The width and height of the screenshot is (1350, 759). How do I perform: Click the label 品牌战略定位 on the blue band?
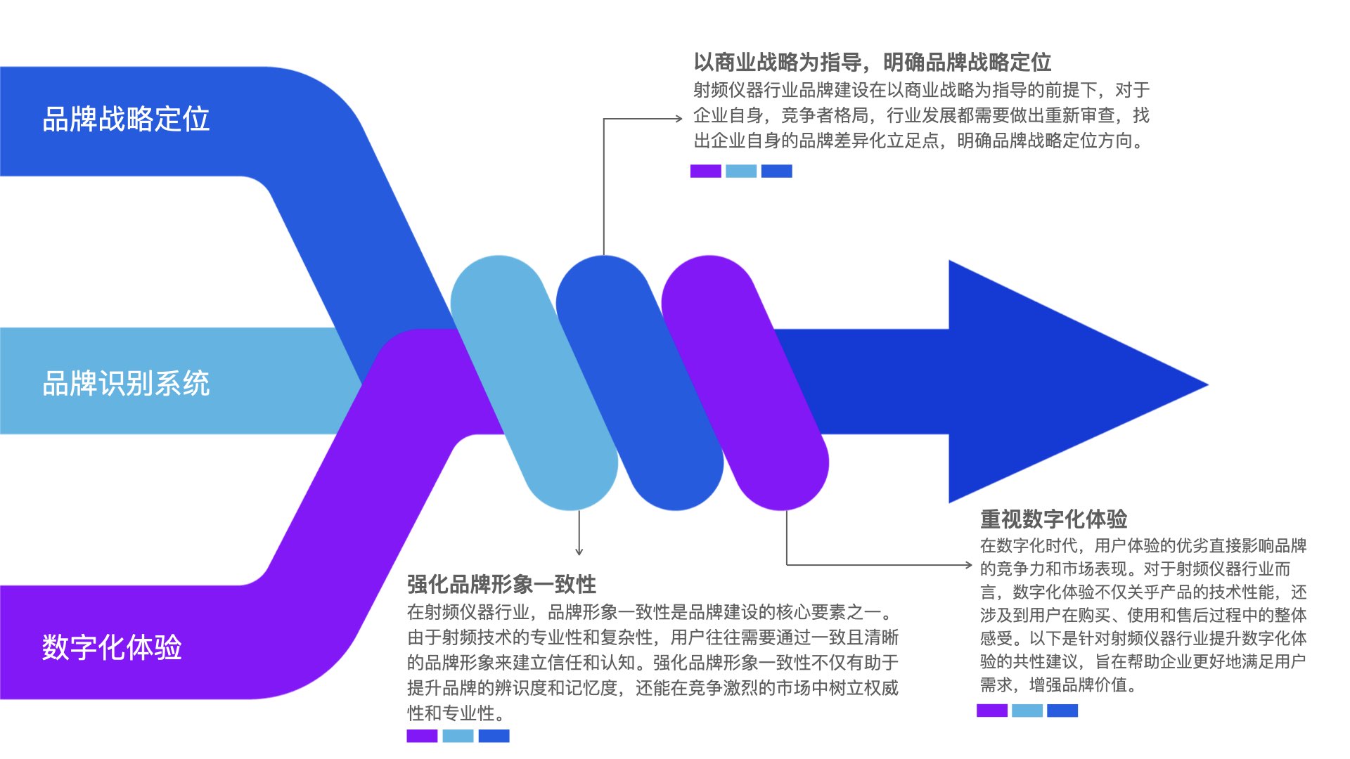(126, 119)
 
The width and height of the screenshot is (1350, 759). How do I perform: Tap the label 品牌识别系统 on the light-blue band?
(126, 384)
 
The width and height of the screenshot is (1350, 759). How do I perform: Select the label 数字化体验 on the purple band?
(112, 647)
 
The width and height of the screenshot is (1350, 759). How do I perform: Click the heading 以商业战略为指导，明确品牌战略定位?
(872, 63)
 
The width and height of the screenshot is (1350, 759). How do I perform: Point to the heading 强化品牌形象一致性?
(501, 584)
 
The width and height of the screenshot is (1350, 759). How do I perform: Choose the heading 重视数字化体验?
(1053, 519)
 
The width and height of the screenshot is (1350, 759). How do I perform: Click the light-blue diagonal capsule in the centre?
(534, 383)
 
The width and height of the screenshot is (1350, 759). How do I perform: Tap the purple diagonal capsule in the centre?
(745, 383)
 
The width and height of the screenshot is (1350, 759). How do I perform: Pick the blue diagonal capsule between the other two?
(640, 383)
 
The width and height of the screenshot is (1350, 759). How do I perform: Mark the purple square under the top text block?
(705, 171)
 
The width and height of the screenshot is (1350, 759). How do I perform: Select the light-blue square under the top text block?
(741, 171)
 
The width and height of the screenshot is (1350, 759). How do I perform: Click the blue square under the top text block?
(777, 171)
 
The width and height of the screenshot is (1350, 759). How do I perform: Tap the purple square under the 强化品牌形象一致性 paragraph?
(422, 736)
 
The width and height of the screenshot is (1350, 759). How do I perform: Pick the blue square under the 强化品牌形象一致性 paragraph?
(494, 736)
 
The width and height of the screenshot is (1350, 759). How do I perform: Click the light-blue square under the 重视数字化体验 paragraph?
(1027, 711)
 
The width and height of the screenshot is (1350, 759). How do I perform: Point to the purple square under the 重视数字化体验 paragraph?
(991, 711)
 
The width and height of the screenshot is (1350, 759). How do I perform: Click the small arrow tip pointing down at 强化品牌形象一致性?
(579, 552)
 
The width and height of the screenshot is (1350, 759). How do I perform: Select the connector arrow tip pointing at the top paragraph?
(679, 119)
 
